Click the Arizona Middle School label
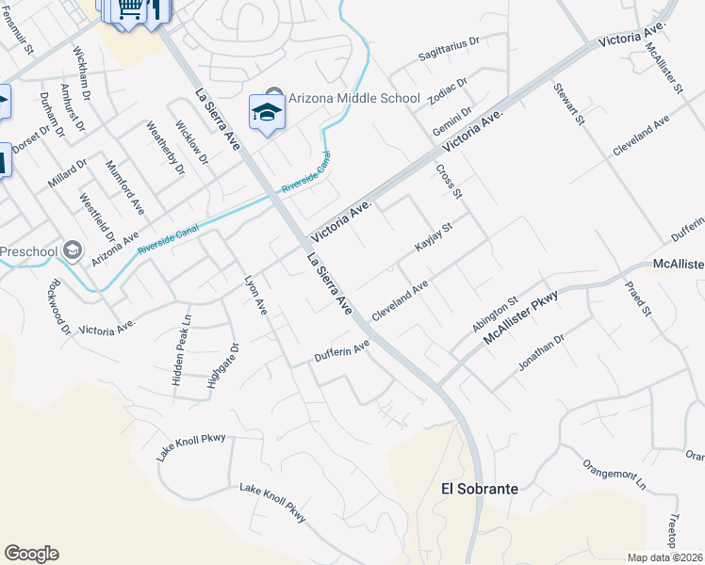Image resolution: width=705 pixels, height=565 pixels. pos(354,99)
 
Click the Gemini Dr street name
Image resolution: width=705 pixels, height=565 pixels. pos(451,121)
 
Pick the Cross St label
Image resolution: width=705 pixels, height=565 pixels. pos(449,182)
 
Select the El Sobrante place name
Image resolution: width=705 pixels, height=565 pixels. pos(480,490)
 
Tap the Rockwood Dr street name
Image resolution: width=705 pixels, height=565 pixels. pos(57,306)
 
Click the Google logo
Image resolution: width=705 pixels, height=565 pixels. pos(31,554)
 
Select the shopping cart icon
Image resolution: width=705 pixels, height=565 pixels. pos(131,9)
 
